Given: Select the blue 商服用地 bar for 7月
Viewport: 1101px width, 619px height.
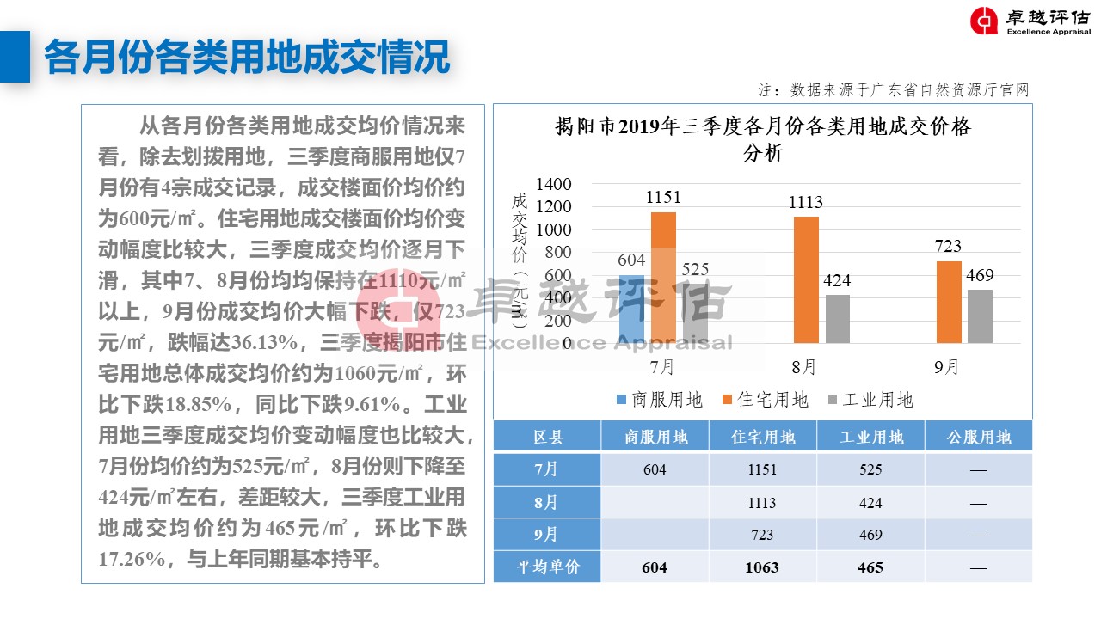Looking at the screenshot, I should pos(631,309).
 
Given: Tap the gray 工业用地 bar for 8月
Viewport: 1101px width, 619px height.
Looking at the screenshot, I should pos(838,319).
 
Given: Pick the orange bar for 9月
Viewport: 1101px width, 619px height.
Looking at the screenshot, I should pos(949,302).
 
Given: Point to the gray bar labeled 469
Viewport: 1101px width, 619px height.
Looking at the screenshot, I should pos(980,316).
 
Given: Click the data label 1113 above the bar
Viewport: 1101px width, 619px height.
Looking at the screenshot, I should pos(805,203).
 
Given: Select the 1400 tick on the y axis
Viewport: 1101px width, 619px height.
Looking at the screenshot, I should pos(553,184).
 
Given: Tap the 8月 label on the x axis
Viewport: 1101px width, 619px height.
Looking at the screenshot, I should pos(804,367).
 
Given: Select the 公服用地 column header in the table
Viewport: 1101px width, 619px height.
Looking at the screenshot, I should pos(978,438).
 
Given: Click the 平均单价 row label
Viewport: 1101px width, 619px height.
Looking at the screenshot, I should pos(546,567).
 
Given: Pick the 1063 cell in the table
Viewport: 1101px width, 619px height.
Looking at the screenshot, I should pos(762,567).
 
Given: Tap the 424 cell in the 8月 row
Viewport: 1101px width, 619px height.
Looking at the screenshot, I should pos(870,503).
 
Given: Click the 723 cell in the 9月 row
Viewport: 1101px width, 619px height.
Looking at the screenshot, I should pos(762,535).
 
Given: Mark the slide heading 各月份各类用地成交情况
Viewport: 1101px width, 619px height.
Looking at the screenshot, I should pos(247,58).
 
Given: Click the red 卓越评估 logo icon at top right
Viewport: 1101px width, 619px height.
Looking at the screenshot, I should pos(984,21).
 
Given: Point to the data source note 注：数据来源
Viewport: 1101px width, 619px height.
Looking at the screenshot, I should pos(893,89).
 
